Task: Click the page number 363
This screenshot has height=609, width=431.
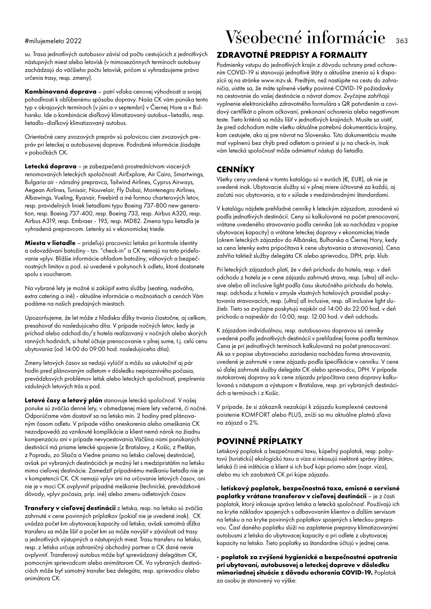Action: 402,41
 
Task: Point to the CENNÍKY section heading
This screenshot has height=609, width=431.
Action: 235,169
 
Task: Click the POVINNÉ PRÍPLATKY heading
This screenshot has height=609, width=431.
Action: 259,441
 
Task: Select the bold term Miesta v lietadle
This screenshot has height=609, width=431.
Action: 50,243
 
